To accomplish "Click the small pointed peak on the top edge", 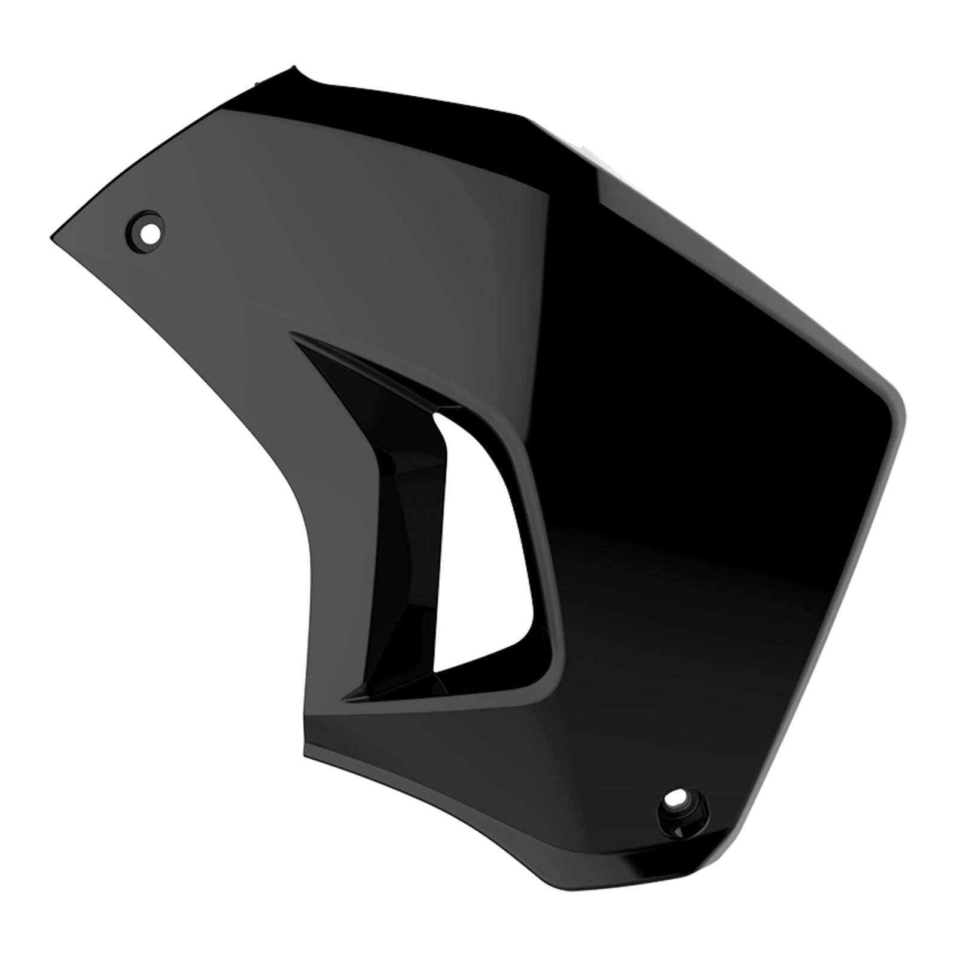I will pyautogui.click(x=293, y=67).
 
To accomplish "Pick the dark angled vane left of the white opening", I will pyautogui.click(x=401, y=538).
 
